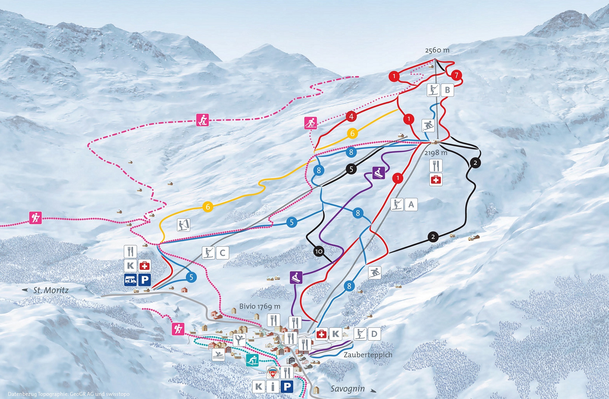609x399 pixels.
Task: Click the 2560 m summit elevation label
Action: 437,50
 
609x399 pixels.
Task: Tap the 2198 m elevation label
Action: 436,153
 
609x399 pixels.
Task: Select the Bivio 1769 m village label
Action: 260,306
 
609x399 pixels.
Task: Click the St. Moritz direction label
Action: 51,290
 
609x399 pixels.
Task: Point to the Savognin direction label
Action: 348,389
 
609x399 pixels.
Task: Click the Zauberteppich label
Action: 368,355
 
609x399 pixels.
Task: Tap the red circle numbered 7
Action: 456,75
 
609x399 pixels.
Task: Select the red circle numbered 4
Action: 351,116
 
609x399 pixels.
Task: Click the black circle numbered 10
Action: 319,251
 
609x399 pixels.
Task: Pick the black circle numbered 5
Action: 351,169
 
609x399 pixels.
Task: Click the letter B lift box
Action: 447,90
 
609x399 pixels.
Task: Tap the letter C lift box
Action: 222,253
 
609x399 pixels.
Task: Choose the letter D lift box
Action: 374,334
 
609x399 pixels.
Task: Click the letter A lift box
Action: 411,204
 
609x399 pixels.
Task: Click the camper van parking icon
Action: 130,280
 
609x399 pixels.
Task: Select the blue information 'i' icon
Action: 273,387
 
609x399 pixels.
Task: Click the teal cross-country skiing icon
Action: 252,361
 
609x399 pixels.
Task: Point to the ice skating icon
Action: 239,340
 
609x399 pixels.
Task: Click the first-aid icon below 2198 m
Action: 436,180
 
